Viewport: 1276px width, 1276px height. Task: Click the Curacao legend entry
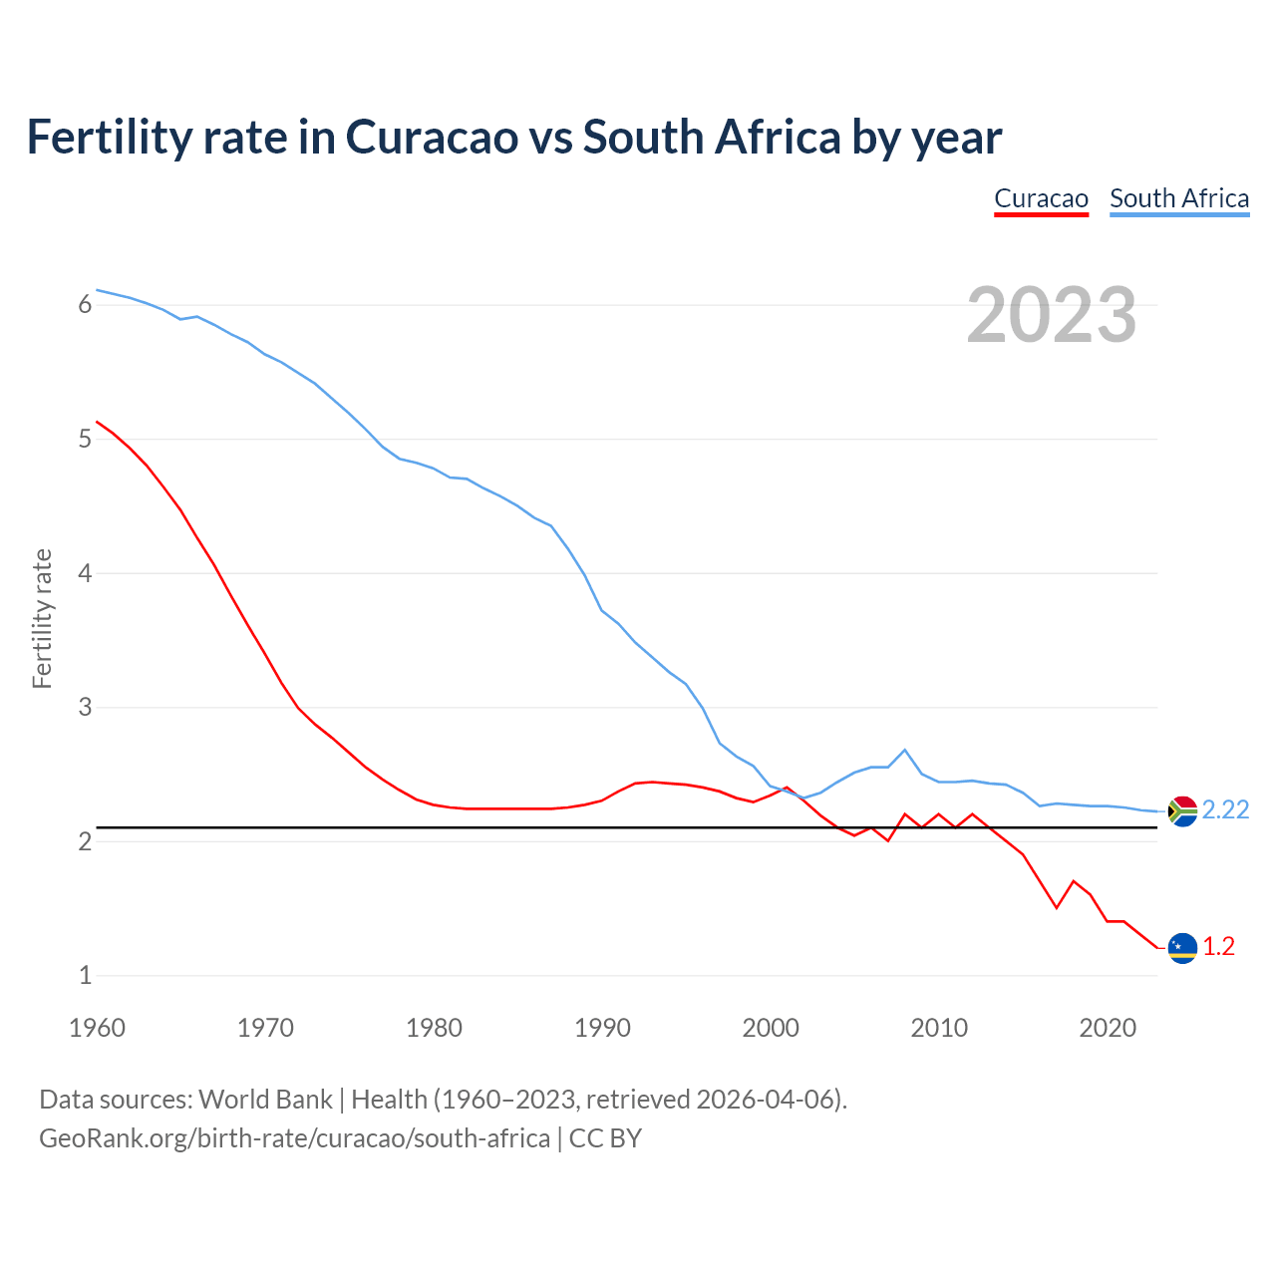pos(1041,198)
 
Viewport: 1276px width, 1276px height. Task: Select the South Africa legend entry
pos(1179,198)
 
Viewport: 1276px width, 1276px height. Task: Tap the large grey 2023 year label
pos(1051,315)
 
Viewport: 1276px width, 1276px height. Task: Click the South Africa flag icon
pos(1182,811)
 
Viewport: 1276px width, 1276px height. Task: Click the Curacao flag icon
pos(1182,947)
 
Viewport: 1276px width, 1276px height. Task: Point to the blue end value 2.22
pos(1225,810)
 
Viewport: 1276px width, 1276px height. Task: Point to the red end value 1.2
pos(1218,947)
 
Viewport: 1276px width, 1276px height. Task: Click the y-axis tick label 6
pos(85,305)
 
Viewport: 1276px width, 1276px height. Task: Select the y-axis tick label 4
pos(85,573)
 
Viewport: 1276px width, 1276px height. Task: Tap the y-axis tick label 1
pos(85,976)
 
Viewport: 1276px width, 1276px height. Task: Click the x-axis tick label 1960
pos(97,1028)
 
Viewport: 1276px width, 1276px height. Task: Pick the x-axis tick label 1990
pos(602,1028)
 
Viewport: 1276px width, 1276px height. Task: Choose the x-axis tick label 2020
pos(1108,1028)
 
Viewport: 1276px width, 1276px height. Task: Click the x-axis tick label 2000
pos(771,1028)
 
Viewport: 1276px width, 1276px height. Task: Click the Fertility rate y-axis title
pos(42,618)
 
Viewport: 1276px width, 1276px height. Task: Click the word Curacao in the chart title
pos(431,137)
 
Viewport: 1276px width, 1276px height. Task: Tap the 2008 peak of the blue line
pos(904,750)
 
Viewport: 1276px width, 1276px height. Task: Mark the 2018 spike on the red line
pos(1073,881)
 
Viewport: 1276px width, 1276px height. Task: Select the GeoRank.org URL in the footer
pos(294,1138)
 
